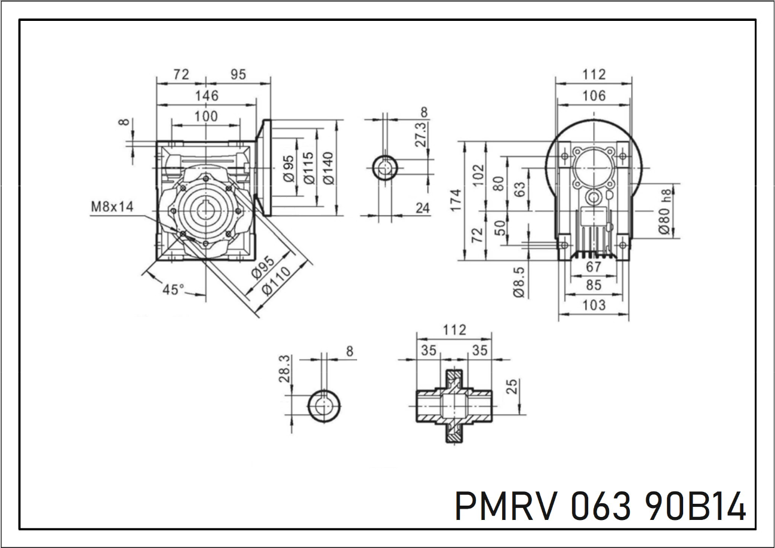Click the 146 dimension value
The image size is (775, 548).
pos(207,96)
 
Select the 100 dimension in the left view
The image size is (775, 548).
pos(206,116)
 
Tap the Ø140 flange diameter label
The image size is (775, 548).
pos(328,168)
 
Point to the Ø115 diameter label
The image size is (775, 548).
pos(308,168)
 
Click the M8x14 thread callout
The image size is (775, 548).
pos(112,207)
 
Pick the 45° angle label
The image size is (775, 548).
pos(173,290)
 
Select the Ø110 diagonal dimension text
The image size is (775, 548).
pos(276,281)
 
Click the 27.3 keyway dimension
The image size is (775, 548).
pos(421,135)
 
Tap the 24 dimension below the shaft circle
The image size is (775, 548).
pos(423,208)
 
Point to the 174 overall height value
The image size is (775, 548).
pos(456,201)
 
